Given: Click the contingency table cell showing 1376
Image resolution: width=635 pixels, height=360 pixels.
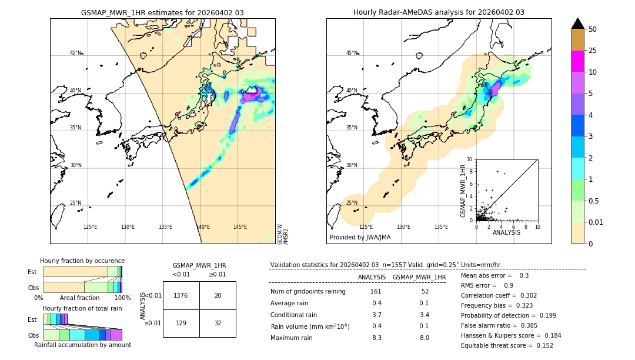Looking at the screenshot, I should point(181,295).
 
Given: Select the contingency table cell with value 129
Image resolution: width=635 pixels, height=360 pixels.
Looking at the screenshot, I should point(181,324).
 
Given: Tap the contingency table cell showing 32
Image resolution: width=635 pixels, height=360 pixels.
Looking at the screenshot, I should point(218,324).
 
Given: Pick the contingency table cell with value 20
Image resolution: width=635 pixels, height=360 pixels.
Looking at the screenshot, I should point(218,295).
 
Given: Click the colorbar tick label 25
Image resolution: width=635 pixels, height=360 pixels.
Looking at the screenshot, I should point(593,51).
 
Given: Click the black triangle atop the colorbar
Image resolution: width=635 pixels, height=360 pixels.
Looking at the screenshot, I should point(578,24).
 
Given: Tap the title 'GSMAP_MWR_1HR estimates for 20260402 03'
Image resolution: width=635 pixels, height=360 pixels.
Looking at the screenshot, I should point(162,12).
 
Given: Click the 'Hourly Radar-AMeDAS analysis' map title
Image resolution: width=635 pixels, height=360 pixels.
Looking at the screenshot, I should point(439,12).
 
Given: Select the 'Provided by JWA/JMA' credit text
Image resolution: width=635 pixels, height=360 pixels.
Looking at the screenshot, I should point(360,237).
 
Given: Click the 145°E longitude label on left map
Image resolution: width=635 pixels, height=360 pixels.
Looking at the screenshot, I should point(240,227).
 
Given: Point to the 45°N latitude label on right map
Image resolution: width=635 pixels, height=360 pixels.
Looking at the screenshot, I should point(352,53).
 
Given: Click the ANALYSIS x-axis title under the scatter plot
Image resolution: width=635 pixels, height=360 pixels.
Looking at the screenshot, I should point(506,233).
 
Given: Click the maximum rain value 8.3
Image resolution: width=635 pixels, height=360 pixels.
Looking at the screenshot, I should point(376,338).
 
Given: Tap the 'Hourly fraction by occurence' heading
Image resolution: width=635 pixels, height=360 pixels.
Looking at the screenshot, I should point(82,261).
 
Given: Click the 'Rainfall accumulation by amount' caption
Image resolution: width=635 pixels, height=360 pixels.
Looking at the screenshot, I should point(82,345).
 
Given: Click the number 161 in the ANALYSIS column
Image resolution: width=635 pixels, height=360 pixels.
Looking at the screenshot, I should point(376,292).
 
